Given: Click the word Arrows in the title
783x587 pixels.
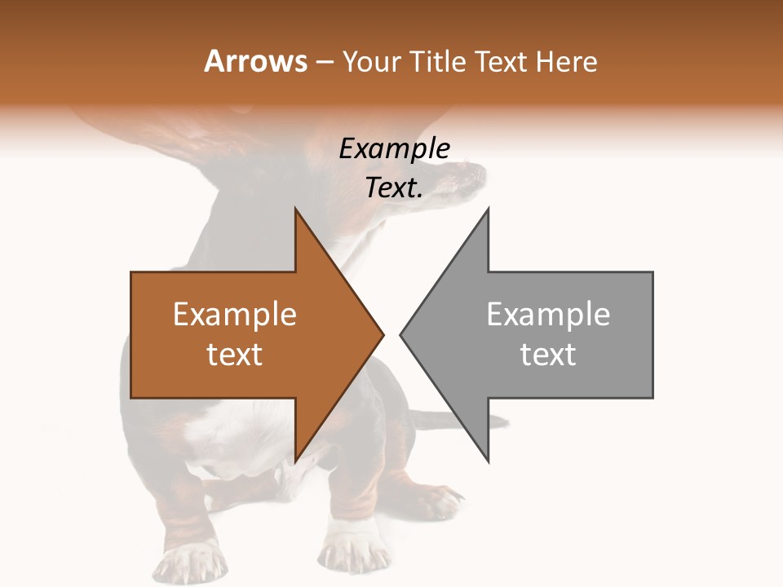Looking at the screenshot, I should [x=255, y=61].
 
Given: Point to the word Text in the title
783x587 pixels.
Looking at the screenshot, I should [x=503, y=61].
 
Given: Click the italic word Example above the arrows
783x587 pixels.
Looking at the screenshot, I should [x=395, y=148].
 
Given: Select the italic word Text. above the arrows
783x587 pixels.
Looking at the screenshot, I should [x=395, y=188].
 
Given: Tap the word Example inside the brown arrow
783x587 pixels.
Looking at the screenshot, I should [x=235, y=314].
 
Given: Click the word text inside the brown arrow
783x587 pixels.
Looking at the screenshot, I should [x=235, y=355].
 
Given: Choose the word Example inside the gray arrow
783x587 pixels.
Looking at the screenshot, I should [x=548, y=314].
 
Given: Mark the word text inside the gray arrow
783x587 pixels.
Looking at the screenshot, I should [x=548, y=355].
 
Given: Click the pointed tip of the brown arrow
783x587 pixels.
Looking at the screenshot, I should [x=383, y=334].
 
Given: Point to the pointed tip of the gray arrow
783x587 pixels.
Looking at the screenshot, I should [x=401, y=334].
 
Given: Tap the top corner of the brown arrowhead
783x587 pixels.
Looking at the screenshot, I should [x=295, y=210].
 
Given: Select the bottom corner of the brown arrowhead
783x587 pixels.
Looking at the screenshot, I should [x=295, y=461].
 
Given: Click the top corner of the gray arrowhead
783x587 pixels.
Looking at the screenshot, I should [x=488, y=210].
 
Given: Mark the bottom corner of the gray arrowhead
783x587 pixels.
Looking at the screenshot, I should [x=488, y=461].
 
